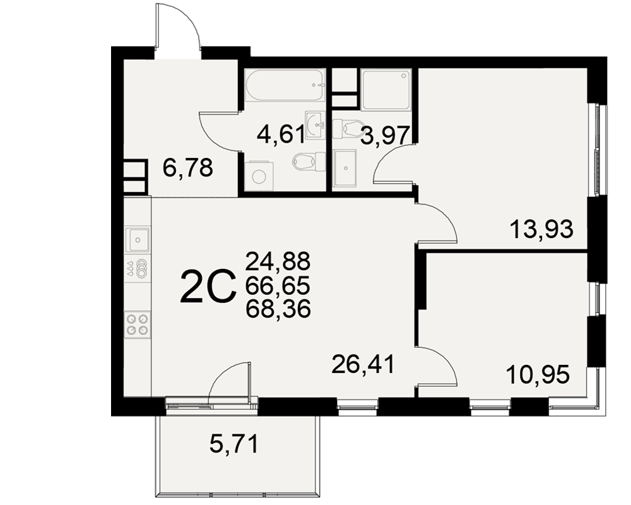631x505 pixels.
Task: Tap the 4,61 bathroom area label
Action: point(281,134)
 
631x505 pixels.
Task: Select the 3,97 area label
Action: point(385,135)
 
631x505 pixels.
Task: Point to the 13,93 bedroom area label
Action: point(541,230)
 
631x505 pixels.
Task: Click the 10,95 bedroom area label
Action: point(538,374)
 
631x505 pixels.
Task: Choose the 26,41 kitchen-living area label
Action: point(363,364)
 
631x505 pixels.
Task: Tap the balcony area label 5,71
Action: point(234,444)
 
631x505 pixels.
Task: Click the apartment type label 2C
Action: point(208,286)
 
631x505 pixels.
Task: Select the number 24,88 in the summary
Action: point(278,261)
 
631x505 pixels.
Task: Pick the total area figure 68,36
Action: point(278,309)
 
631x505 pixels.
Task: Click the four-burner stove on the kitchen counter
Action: point(137,324)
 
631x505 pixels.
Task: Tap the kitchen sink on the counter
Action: point(138,240)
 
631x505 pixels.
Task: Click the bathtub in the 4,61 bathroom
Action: point(285,85)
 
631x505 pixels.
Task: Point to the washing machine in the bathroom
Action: point(259,175)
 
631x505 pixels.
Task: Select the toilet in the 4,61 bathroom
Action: point(309,162)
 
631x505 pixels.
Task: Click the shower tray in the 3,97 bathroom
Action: point(386,90)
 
